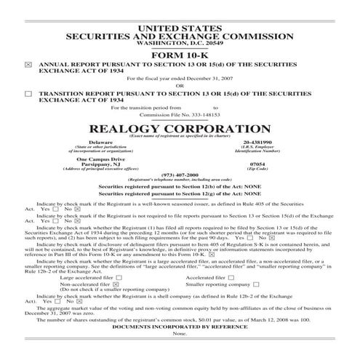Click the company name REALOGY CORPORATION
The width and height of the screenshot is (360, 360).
point(180,127)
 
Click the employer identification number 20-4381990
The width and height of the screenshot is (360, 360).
point(257,142)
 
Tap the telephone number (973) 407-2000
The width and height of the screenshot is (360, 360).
point(180,175)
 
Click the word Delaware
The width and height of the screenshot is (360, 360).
point(100,142)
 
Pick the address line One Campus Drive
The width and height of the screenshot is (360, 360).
point(100,159)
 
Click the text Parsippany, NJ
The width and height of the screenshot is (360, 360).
point(100,164)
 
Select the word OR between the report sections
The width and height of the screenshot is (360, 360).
point(180,86)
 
